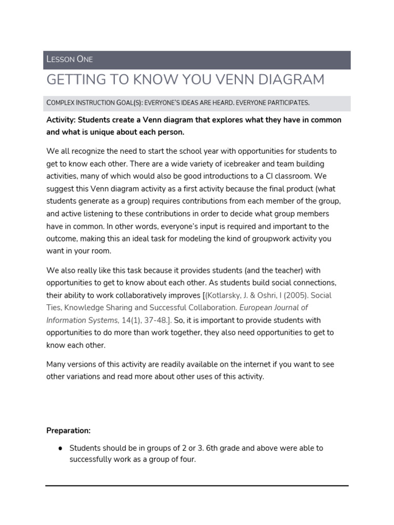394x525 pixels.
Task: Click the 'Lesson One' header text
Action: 69,59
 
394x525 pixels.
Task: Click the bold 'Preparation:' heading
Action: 68,430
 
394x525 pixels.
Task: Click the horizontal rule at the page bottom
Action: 197,486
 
